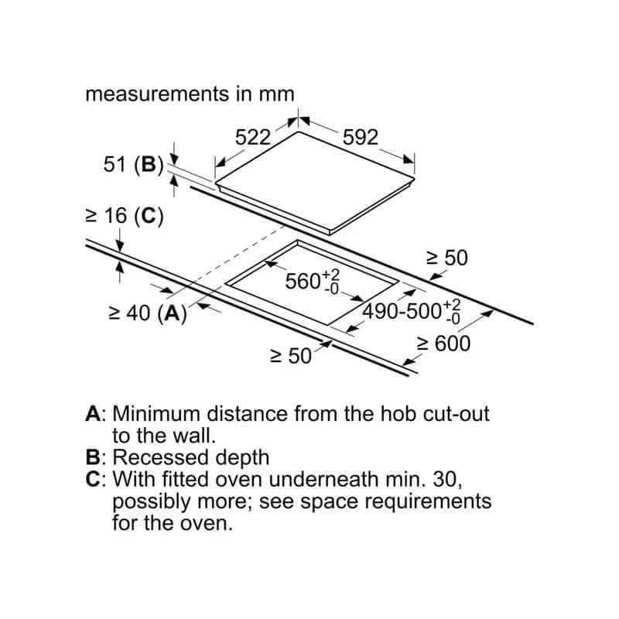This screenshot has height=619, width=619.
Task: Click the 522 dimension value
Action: pos(253,138)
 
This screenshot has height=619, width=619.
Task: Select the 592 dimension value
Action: pos(361,138)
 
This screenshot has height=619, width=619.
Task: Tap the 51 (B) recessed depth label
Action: pos(133,164)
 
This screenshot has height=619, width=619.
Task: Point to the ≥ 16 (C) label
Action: pos(125,217)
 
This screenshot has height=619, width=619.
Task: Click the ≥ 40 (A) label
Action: pos(148,313)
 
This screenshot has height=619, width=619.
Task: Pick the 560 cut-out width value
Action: pos(313,282)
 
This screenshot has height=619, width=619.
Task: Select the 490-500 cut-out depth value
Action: pos(412,312)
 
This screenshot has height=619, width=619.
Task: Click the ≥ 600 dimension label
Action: pos(443,344)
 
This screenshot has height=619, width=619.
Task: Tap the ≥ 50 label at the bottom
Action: pos(291,356)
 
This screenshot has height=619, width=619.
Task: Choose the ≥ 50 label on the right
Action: pos(447,258)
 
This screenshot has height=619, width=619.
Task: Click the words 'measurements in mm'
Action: pos(190,94)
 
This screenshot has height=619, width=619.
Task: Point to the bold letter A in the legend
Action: pos(93,414)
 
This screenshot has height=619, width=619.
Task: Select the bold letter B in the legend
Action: pos(93,457)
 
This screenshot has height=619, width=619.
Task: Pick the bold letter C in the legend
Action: pos(93,479)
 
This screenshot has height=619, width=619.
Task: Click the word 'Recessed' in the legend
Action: pos(161,457)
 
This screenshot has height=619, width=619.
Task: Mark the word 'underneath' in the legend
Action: pos(323,479)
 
